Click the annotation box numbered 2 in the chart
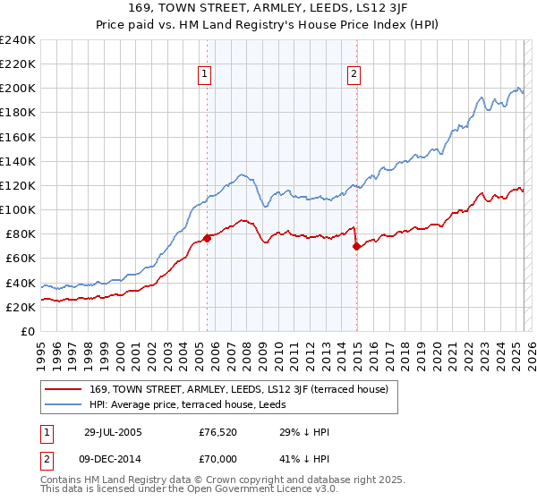[x=355, y=74]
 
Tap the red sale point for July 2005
[x=207, y=237]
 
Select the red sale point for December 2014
[x=356, y=245]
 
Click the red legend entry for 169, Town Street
[x=238, y=389]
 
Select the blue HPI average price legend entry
[x=212, y=404]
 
